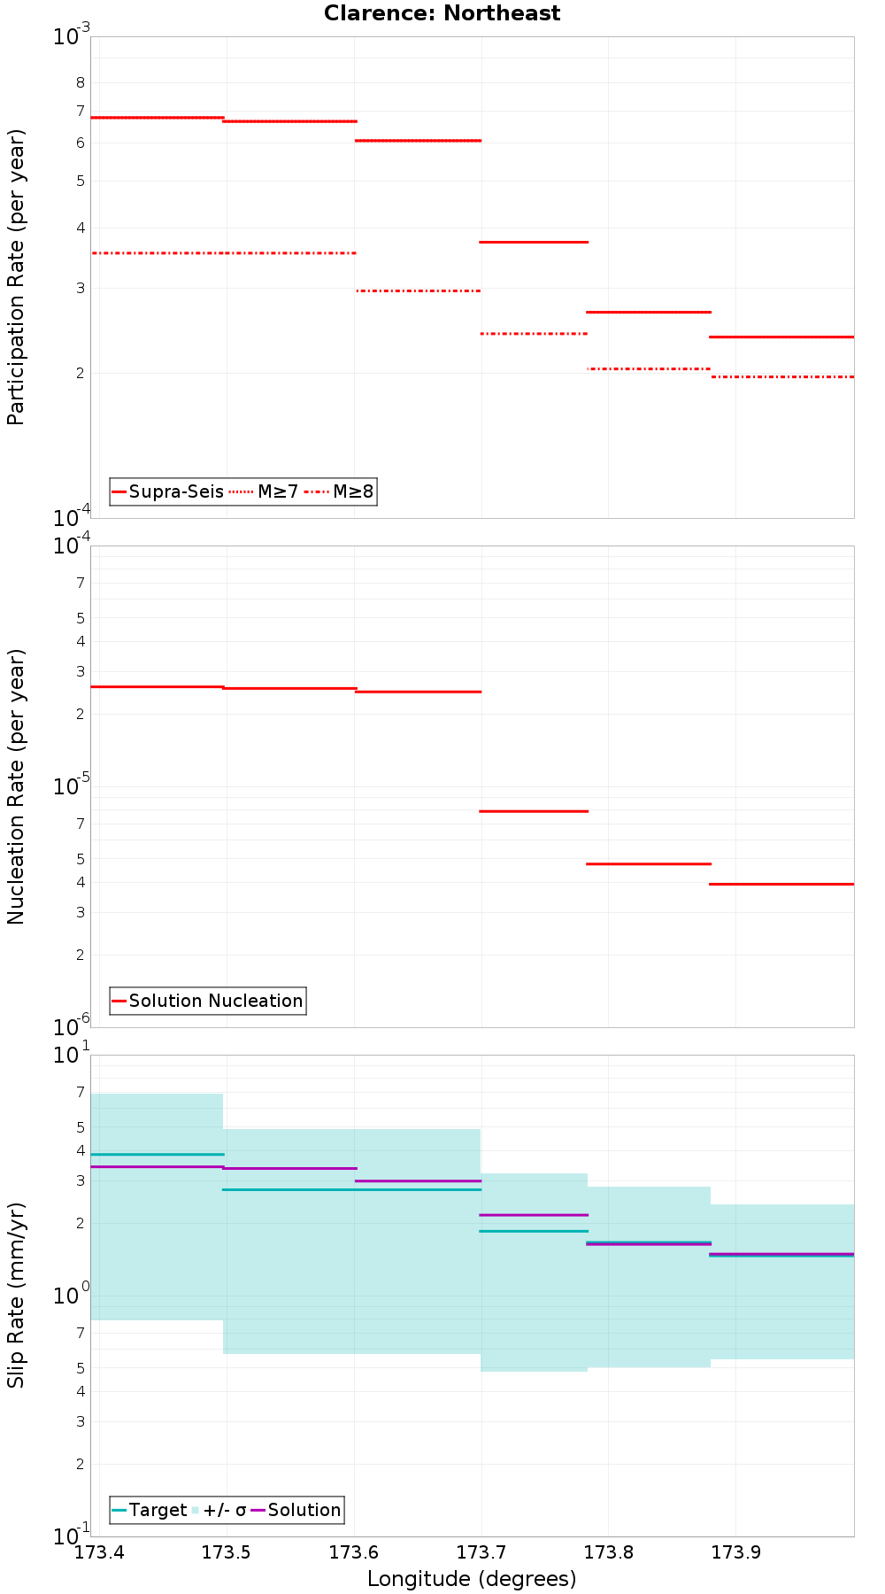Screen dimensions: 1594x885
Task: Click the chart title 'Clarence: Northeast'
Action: pyautogui.click(x=442, y=13)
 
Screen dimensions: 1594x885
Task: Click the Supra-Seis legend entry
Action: pyautogui.click(x=167, y=491)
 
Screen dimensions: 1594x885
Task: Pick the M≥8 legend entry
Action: pyautogui.click(x=340, y=491)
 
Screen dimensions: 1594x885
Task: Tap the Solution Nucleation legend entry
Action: pyautogui.click(x=208, y=1001)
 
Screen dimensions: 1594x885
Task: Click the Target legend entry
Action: pyautogui.click(x=149, y=1510)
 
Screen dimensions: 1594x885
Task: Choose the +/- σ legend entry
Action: pyautogui.click(x=219, y=1510)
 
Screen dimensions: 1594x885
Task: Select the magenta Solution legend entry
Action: pyautogui.click(x=296, y=1510)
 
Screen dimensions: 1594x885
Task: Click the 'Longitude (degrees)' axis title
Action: pyautogui.click(x=472, y=1578)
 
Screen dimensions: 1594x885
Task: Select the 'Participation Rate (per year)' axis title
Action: pyautogui.click(x=16, y=277)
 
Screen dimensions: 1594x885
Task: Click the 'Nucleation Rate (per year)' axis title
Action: pyautogui.click(x=16, y=786)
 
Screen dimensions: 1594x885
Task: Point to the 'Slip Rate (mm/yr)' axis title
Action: pyautogui.click(x=16, y=1295)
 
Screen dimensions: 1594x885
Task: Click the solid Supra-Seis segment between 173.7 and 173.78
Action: pyautogui.click(x=534, y=242)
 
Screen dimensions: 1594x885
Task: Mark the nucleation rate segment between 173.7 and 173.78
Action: pyautogui.click(x=534, y=811)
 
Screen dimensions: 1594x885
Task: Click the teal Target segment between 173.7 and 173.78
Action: pyautogui.click(x=534, y=1231)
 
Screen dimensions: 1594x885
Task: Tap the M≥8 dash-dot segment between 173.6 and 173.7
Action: pyautogui.click(x=418, y=290)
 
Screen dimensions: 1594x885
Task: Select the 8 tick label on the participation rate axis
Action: pyautogui.click(x=81, y=83)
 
